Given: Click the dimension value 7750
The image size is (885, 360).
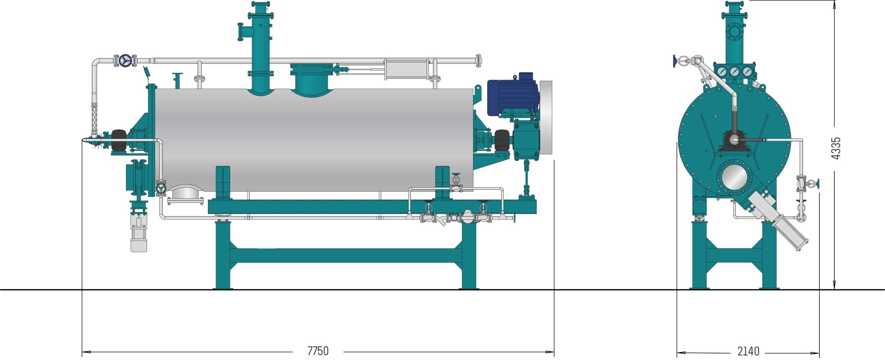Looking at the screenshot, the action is pos(318,351).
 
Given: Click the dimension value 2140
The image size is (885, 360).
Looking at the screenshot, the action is pos(748,351).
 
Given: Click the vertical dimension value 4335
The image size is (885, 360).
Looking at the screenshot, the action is pos(836,148).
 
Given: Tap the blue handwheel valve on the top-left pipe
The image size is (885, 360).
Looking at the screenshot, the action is pos(125,60).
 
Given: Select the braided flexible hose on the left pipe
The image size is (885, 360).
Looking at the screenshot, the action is pos(94,118).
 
